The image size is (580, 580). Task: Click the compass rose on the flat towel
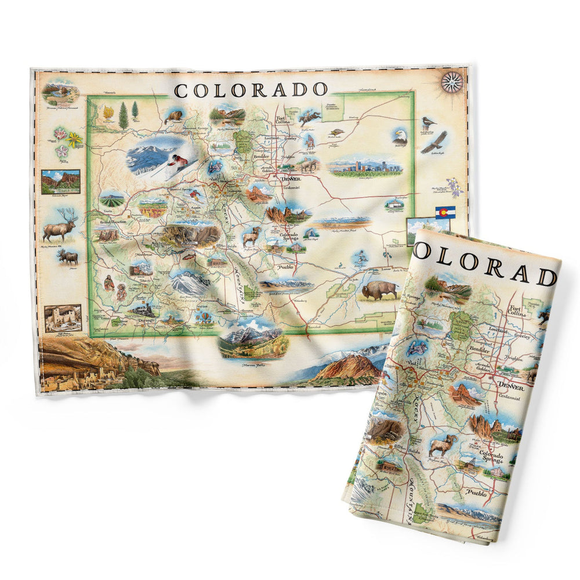pos(452,82)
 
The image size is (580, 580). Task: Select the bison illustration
pos(380,289)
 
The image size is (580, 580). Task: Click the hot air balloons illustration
pos(207,317)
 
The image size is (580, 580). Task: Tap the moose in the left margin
pos(68,256)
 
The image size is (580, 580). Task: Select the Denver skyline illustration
pos(365,167)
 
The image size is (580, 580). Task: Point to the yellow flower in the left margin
pos(74,139)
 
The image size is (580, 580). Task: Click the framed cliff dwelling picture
pos(63,318)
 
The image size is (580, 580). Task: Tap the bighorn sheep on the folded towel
pos(443,445)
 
